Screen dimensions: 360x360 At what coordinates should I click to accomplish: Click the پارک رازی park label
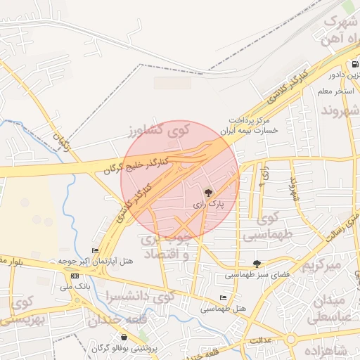pos(209,204)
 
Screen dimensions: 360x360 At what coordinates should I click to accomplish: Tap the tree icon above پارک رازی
pos(208,192)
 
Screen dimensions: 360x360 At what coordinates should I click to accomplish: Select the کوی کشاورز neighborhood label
pos(160,130)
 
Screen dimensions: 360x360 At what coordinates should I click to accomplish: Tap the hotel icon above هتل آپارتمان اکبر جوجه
pos(95,250)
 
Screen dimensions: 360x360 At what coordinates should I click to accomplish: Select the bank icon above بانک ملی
pos(75,276)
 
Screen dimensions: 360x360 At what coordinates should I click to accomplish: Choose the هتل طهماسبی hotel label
pos(224,309)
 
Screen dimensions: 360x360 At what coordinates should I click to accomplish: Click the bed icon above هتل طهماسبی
pos(223,298)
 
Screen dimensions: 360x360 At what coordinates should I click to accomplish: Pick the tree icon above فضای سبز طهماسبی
pos(256,264)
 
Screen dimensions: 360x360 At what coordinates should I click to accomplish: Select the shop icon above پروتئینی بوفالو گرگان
pos(124,337)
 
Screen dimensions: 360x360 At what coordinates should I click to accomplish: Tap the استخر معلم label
pos(335,91)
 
